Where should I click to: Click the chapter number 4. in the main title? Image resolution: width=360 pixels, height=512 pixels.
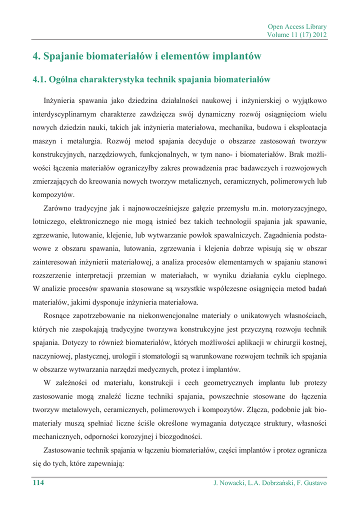[x=36, y=56]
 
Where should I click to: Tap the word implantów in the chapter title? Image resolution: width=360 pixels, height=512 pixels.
[x=230, y=56]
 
